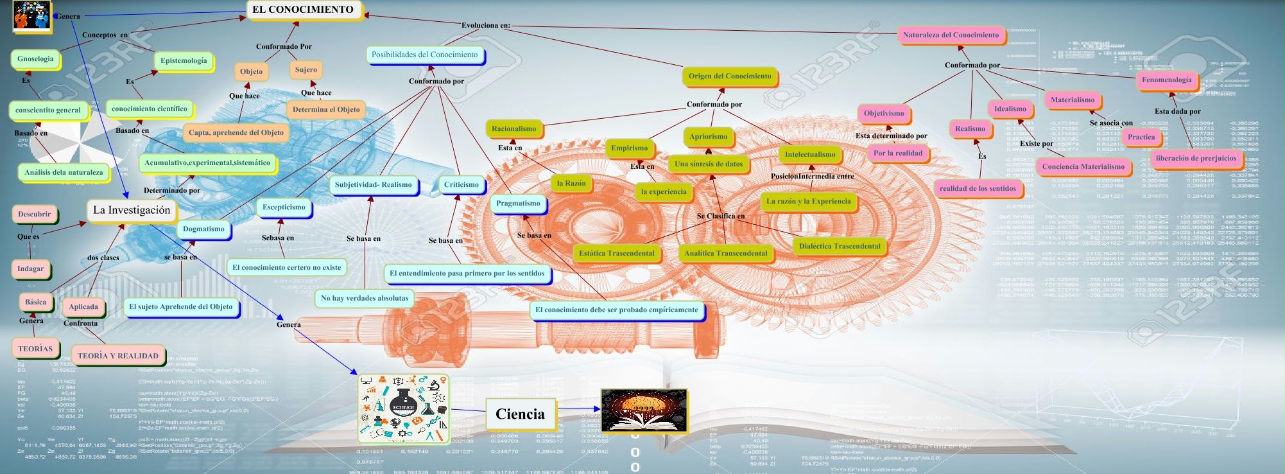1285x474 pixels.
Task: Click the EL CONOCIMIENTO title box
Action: point(303,10)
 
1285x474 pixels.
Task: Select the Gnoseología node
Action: point(35,59)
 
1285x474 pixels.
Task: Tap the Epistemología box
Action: point(184,61)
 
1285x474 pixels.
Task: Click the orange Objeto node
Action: point(251,71)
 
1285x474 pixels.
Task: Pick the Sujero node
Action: point(306,69)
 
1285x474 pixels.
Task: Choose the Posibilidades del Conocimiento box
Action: point(424,55)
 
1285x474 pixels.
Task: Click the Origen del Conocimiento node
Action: point(730,76)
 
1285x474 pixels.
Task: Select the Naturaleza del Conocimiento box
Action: point(951,35)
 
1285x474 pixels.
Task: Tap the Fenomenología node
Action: point(1166,80)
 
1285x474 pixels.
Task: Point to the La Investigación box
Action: point(132,210)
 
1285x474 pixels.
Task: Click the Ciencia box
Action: point(520,414)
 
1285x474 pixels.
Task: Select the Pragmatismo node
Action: point(518,204)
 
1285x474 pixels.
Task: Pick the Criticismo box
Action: point(461,185)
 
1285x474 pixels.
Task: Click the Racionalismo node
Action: point(513,129)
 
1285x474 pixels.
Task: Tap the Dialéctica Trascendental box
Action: point(840,246)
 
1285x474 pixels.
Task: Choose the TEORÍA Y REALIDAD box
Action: point(118,356)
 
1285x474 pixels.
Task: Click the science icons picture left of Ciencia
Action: point(403,409)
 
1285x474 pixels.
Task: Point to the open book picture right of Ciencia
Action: point(644,410)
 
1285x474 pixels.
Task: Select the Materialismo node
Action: point(1073,100)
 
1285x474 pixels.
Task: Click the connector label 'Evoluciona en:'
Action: point(485,26)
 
